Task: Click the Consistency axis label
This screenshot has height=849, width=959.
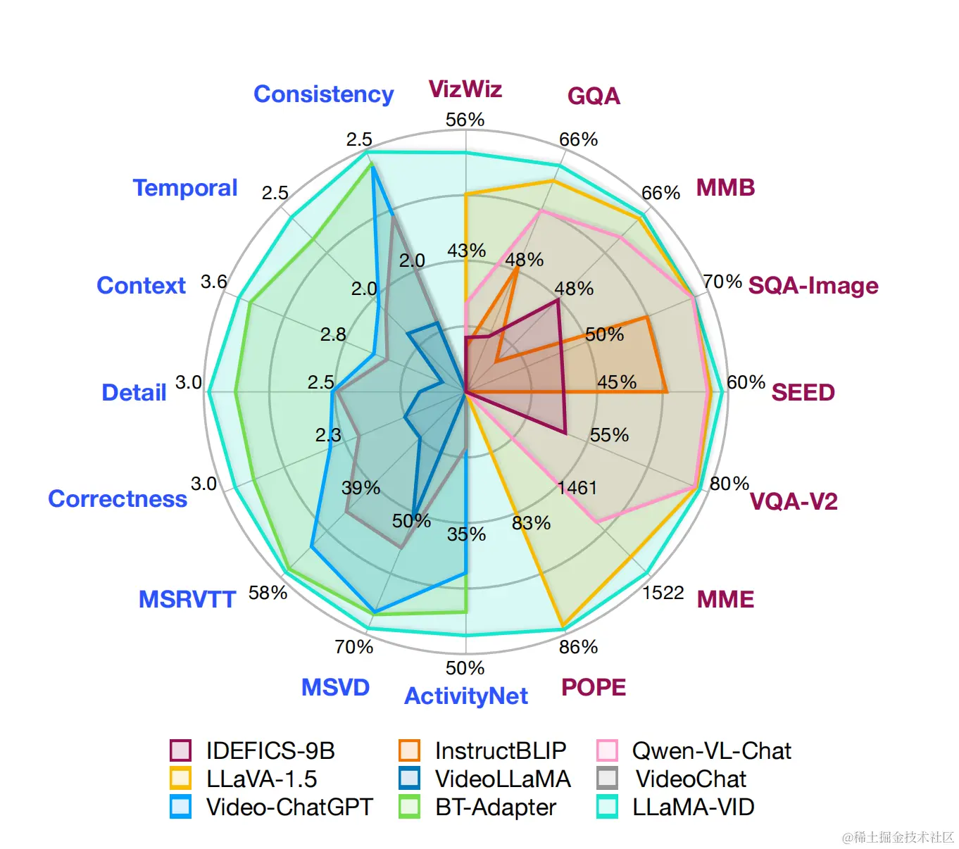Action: (x=323, y=94)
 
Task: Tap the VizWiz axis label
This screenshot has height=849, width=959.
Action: (x=465, y=89)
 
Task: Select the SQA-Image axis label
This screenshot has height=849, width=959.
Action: (x=813, y=286)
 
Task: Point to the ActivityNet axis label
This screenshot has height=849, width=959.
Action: (x=465, y=696)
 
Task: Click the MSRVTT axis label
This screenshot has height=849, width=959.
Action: (x=187, y=600)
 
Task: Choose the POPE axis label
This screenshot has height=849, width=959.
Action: (x=593, y=688)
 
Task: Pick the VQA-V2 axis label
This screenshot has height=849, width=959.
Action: (x=794, y=502)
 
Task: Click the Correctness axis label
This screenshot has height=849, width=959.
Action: (x=118, y=499)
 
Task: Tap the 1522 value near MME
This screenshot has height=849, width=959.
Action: (x=663, y=593)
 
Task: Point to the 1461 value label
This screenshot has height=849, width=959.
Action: (x=577, y=488)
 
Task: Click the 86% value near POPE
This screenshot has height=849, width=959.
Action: (x=578, y=647)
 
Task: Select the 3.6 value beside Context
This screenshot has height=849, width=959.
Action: (x=214, y=282)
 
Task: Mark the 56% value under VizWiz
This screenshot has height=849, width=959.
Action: (x=465, y=120)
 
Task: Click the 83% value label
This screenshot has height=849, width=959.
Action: (x=531, y=523)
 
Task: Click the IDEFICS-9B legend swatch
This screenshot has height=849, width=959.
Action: (x=180, y=750)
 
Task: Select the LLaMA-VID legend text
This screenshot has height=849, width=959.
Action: (x=693, y=807)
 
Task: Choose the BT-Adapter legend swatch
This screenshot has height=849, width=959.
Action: (x=409, y=807)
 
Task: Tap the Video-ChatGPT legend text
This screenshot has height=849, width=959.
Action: (x=289, y=807)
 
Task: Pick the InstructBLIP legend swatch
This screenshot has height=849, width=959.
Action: (x=409, y=750)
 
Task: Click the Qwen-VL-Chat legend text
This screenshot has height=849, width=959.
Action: (x=711, y=750)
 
